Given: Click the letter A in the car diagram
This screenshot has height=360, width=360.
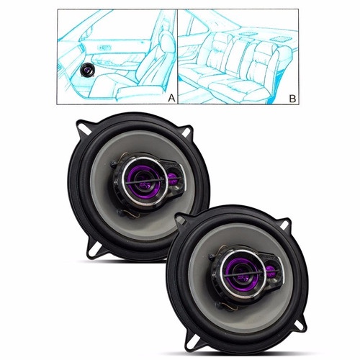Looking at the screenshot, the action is [x=171, y=98].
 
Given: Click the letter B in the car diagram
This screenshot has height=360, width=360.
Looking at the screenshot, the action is [x=292, y=99].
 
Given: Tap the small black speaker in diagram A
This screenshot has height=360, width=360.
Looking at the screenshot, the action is [x=88, y=70].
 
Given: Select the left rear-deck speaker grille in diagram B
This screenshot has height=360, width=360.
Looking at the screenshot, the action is [x=246, y=35].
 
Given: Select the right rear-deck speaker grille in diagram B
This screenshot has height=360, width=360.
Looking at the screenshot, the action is [x=279, y=38].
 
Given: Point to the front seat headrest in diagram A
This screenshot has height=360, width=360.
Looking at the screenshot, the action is [x=167, y=42].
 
